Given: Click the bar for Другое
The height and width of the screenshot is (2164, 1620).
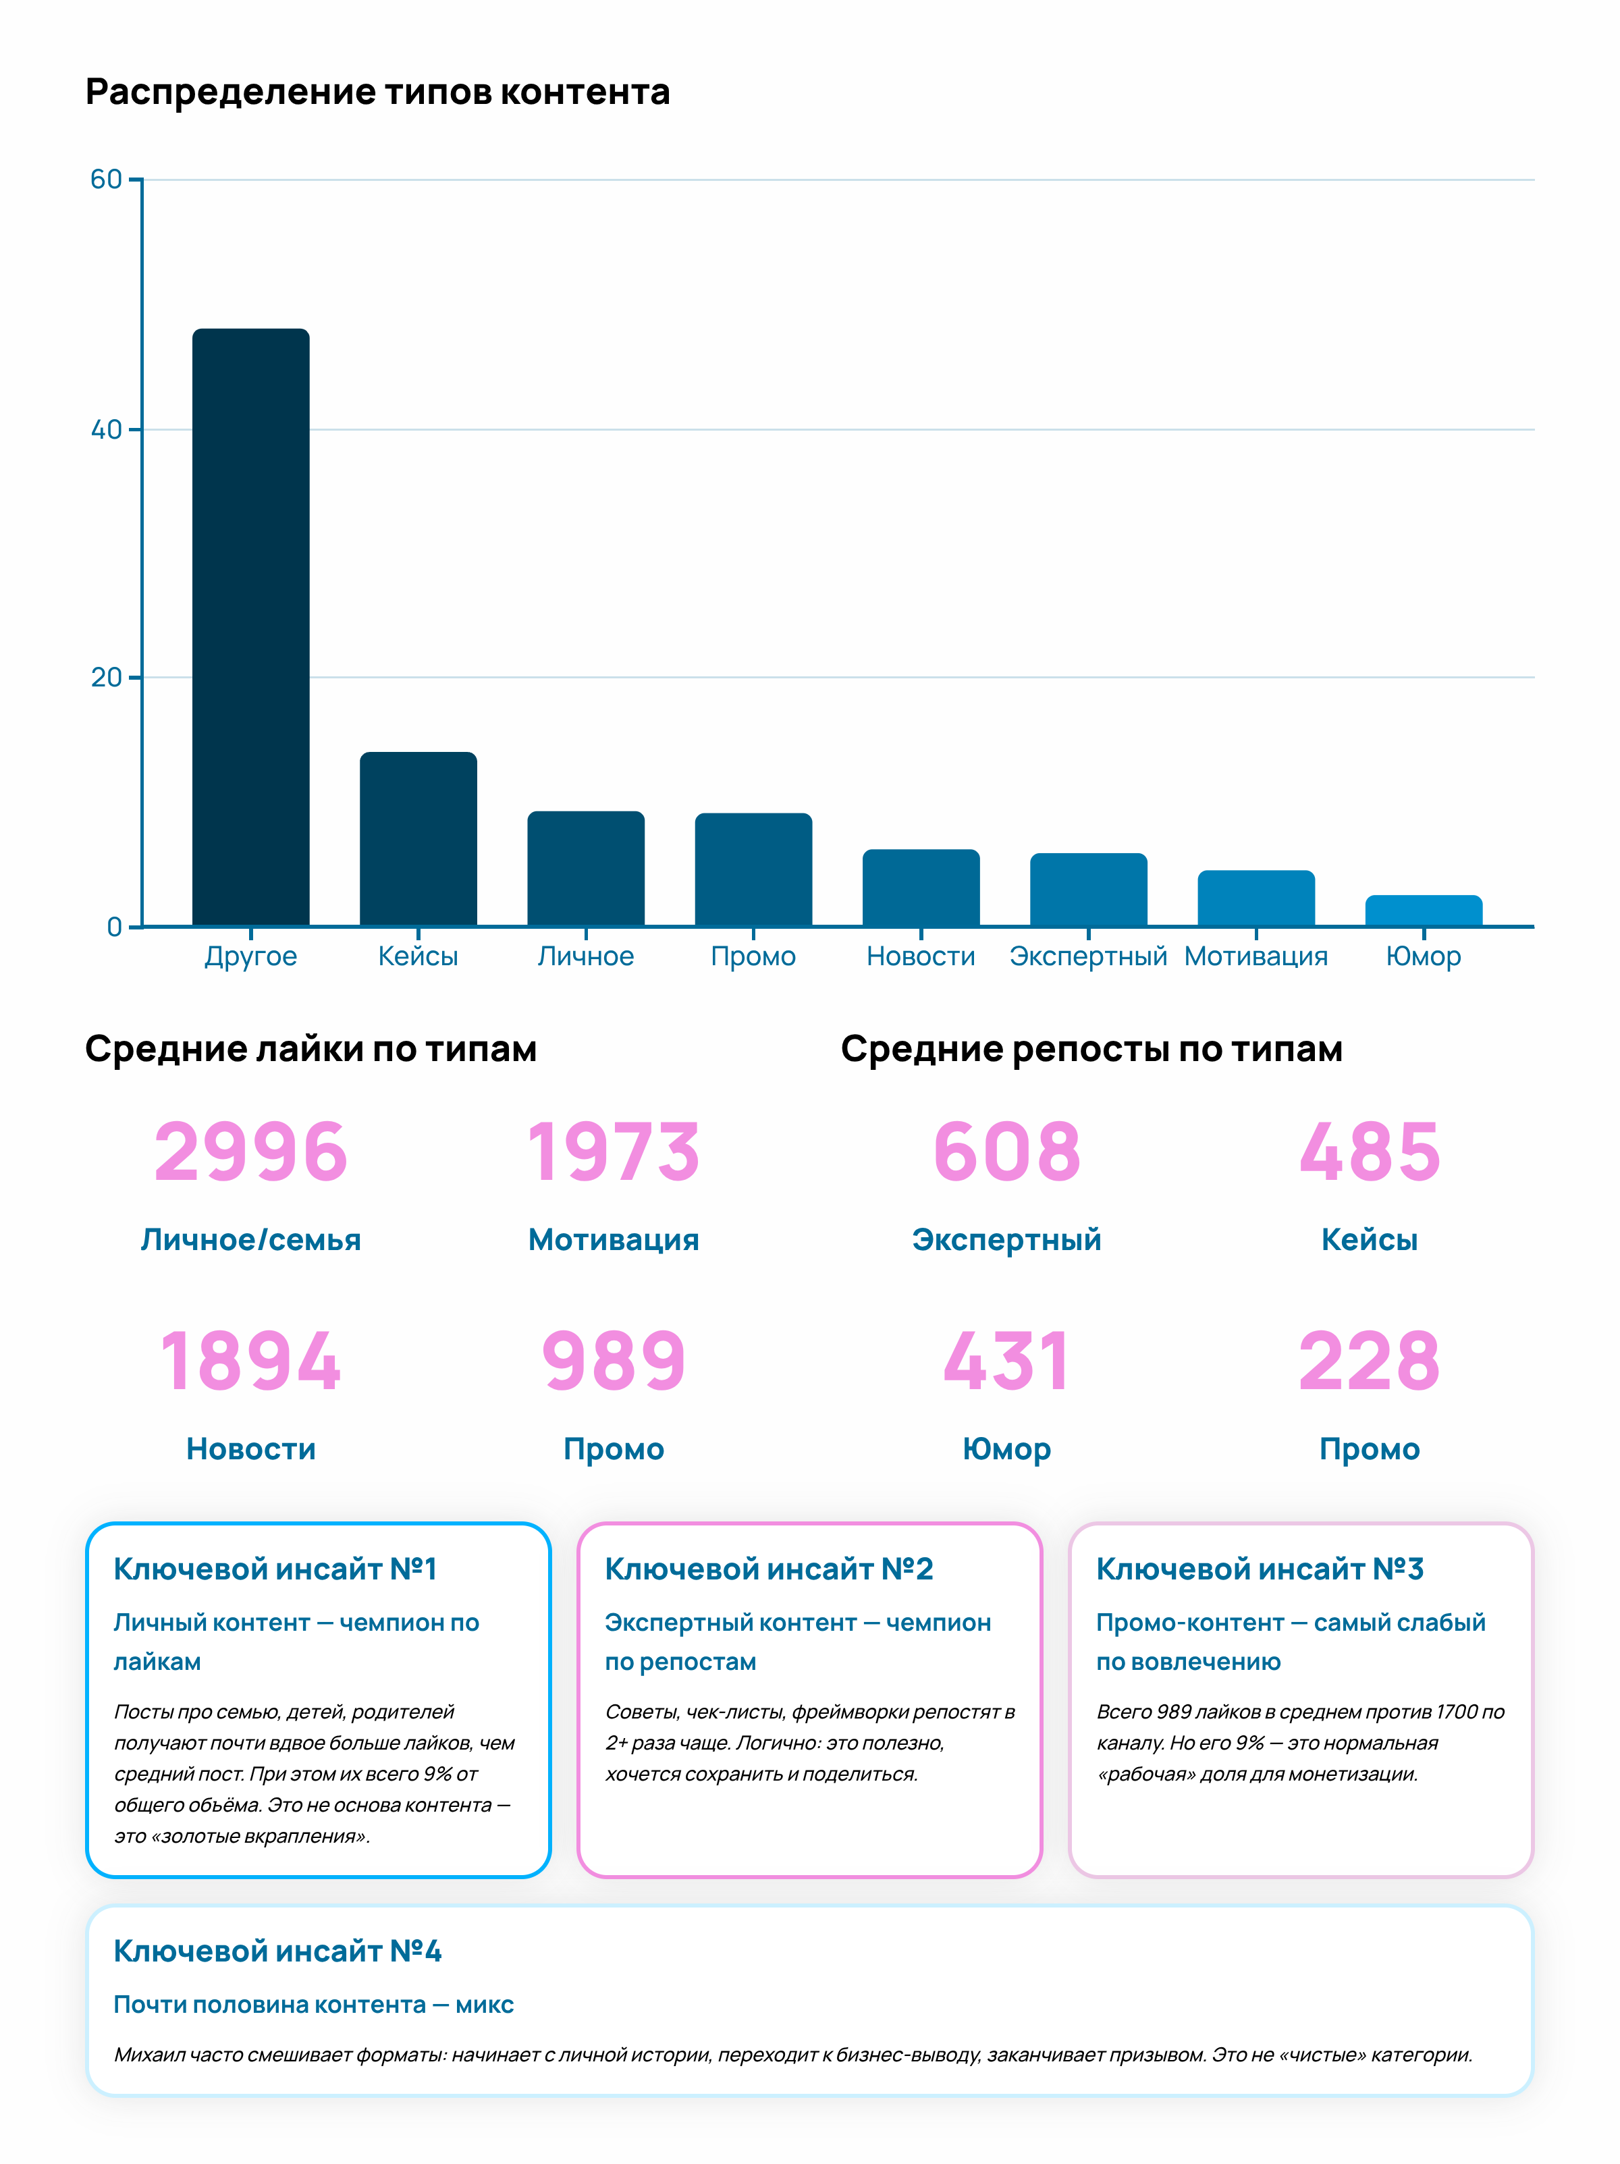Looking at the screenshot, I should click(250, 626).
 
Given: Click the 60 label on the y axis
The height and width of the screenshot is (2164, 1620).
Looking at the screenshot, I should click(106, 179).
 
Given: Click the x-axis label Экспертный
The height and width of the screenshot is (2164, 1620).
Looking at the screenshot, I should click(1088, 956).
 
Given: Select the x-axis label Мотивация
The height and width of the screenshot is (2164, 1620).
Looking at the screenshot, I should click(1255, 956).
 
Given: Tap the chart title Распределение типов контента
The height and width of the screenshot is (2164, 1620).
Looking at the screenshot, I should click(377, 92).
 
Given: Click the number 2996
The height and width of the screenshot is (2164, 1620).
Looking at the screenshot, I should click(250, 1152).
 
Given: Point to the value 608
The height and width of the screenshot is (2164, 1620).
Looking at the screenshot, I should click(1006, 1152).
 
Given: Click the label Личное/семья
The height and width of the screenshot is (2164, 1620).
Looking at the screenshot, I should click(250, 1239).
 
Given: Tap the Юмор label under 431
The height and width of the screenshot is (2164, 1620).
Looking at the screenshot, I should click(1006, 1449).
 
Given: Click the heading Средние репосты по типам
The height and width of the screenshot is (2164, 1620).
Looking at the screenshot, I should click(1091, 1049).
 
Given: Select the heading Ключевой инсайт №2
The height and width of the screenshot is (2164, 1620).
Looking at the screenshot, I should click(769, 1569).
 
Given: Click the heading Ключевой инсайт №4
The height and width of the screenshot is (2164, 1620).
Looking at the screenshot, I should click(278, 1951).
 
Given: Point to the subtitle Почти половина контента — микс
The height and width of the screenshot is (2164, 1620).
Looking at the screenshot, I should click(313, 2005).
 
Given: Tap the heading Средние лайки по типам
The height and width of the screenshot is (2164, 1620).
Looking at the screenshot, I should click(311, 1049).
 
